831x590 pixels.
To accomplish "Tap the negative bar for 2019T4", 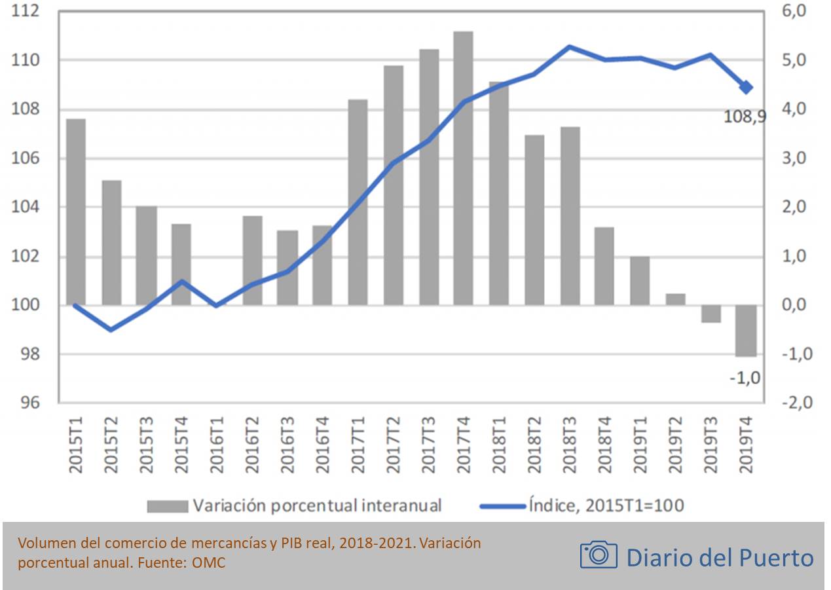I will [745, 331].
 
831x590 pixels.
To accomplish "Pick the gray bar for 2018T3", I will [570, 215].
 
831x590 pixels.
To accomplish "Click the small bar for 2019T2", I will [675, 299].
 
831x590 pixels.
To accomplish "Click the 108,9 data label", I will [745, 117].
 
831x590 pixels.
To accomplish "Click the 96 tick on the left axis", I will [30, 403].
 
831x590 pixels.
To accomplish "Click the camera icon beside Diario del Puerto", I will [598, 555].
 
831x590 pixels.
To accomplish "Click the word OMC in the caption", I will [208, 562].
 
